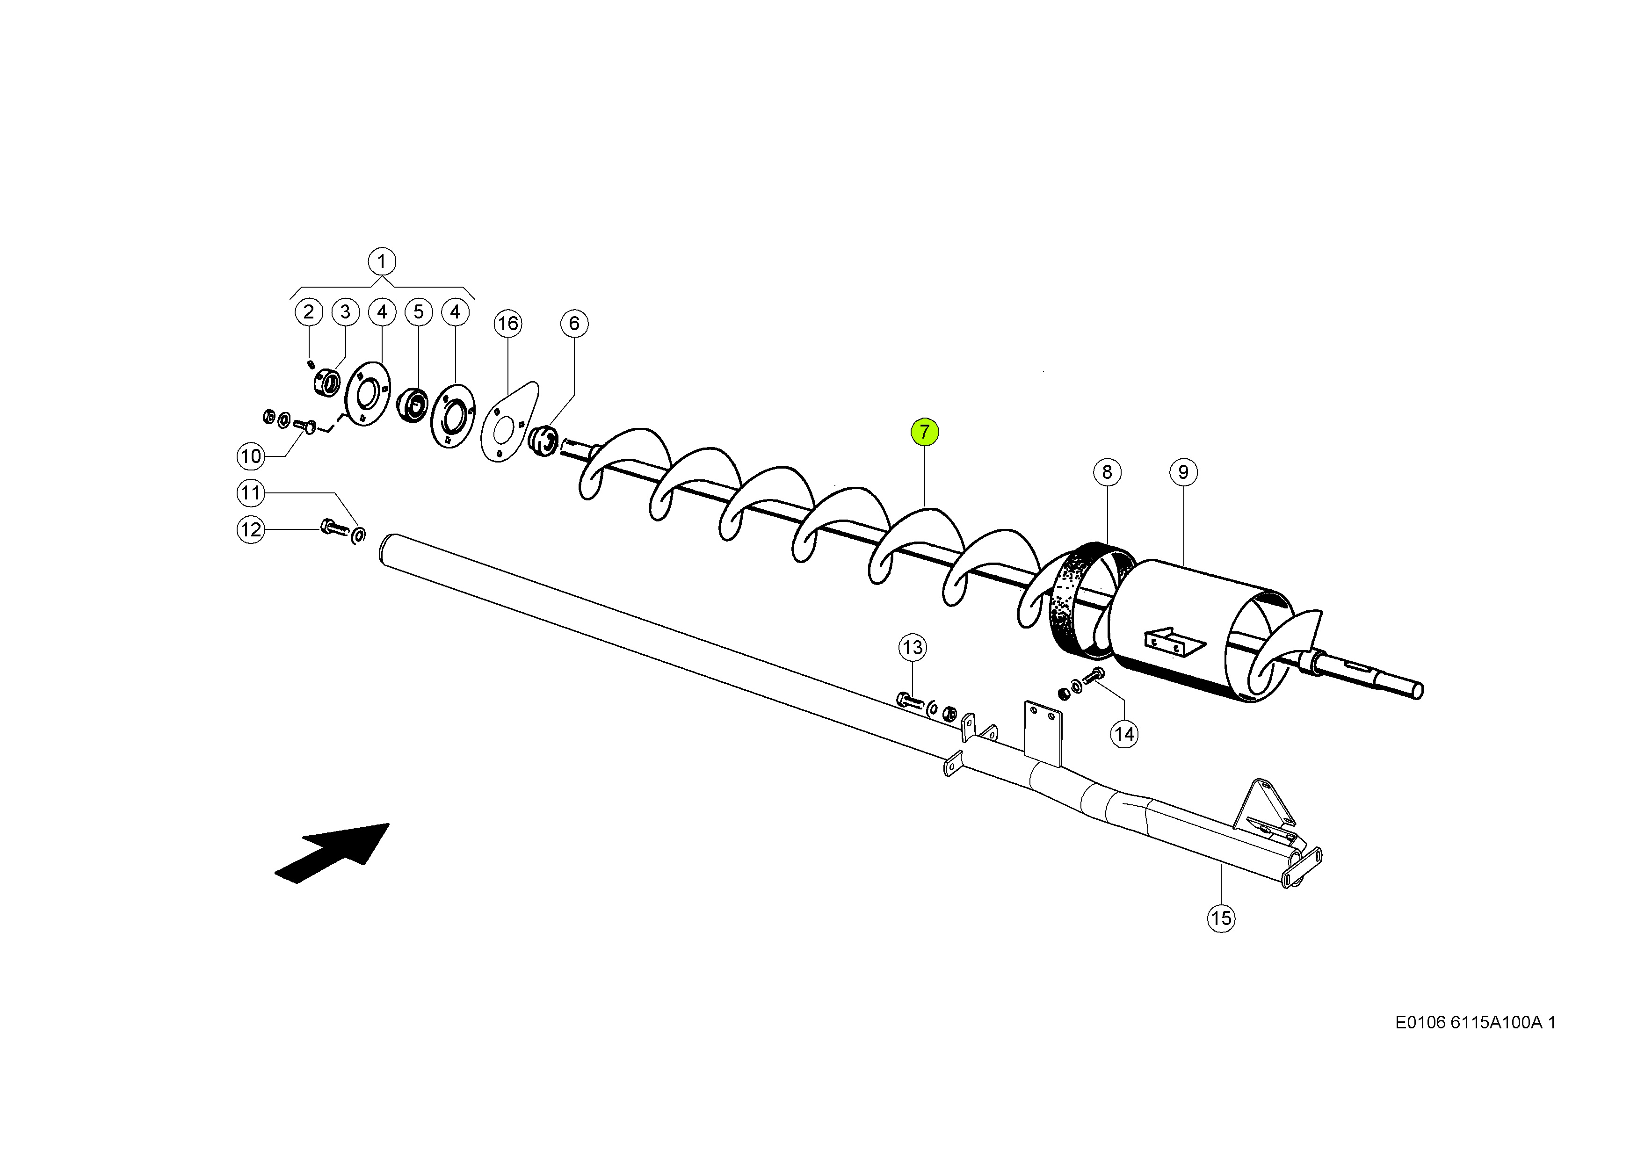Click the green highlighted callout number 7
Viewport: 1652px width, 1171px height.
(924, 432)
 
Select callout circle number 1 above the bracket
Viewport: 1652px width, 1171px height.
(382, 261)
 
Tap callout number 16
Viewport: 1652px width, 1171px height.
(507, 323)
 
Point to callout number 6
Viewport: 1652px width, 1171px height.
(574, 323)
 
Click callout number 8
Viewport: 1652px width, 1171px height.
(1107, 472)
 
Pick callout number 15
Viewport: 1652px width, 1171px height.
(1221, 918)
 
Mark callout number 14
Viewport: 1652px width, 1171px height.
(1124, 734)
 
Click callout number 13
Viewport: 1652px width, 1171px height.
(912, 648)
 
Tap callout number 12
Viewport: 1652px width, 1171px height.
(250, 530)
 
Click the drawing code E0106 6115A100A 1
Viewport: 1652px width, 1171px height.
(1475, 1022)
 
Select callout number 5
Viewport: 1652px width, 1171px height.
(418, 312)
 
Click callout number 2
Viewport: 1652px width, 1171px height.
(309, 312)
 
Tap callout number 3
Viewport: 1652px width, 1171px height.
(345, 312)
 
